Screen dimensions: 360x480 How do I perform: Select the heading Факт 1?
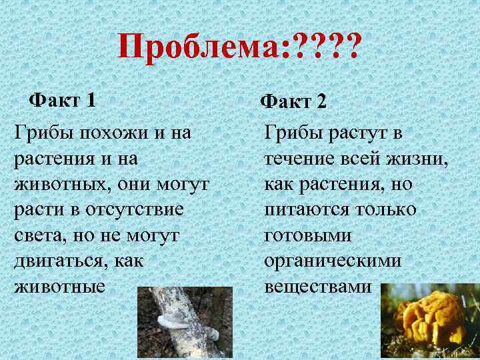[62, 101]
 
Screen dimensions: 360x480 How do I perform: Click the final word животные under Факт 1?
[59, 287]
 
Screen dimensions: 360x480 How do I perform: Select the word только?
[385, 209]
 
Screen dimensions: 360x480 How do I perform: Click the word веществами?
[317, 287]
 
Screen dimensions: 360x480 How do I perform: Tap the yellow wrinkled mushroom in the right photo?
[427, 319]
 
